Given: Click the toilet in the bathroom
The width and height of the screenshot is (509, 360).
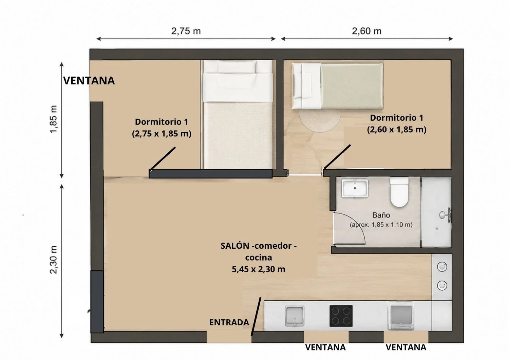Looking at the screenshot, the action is [x=399, y=192].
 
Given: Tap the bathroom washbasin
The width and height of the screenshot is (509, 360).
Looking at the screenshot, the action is [x=355, y=188].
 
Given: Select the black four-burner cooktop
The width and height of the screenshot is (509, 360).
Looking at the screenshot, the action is [x=341, y=316].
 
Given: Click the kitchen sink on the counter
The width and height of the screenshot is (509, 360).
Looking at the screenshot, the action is [x=295, y=316].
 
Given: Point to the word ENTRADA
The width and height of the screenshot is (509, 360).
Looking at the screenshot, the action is [x=229, y=322].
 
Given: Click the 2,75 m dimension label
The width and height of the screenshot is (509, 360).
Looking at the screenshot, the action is [x=186, y=31].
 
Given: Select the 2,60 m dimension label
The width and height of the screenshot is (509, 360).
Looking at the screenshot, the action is [x=366, y=31].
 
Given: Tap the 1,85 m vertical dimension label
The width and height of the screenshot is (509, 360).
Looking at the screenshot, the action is [x=54, y=119].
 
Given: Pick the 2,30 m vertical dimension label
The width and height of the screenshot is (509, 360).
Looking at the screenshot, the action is [x=54, y=260].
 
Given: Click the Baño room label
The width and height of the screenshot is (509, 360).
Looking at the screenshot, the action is [x=381, y=215].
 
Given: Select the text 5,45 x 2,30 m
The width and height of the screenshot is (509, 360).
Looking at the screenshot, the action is [x=258, y=269].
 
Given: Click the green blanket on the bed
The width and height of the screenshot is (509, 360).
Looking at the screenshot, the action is [x=352, y=86].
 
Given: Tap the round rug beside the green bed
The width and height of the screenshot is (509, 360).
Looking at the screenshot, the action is [x=320, y=120].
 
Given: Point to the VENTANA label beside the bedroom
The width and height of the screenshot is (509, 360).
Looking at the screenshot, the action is [x=89, y=81].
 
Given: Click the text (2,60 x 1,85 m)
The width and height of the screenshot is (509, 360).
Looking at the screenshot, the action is [x=397, y=130].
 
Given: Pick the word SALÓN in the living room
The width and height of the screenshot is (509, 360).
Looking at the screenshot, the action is [x=235, y=246].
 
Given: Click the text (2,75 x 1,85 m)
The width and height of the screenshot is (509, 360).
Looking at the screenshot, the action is [x=162, y=134].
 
